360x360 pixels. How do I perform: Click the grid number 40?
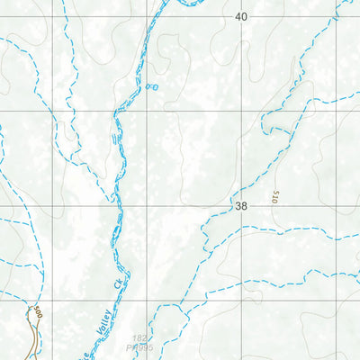point(240,17)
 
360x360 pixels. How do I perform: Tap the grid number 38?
point(240,206)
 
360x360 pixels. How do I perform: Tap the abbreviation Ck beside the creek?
point(116,284)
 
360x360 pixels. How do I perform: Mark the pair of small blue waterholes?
point(151,87)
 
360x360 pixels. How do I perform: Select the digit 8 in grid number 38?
point(244,206)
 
